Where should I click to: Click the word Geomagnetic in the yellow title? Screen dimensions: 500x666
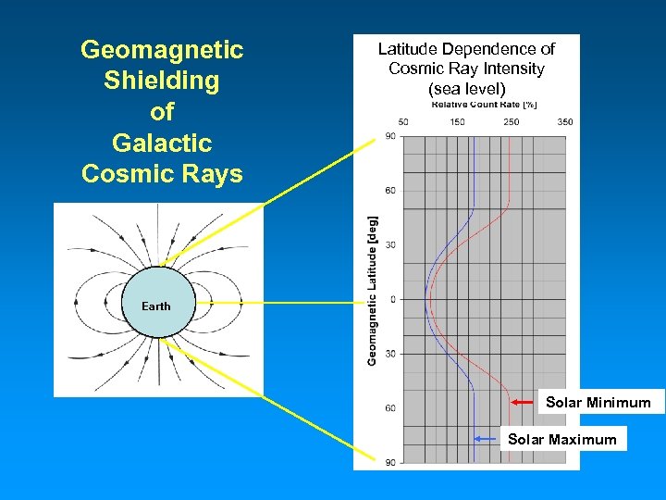(162, 50)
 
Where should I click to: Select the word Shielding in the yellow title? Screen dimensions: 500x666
(162, 81)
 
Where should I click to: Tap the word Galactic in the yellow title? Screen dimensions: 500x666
(162, 144)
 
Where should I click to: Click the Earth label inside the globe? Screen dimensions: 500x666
(155, 306)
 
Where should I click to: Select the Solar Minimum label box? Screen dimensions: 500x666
(598, 402)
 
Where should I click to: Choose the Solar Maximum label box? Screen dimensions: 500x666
(561, 439)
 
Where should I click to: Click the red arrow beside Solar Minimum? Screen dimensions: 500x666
(524, 402)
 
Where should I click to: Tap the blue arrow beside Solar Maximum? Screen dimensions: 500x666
(487, 439)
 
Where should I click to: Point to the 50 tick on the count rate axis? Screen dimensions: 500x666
(403, 122)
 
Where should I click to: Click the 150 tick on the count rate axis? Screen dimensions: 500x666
(457, 122)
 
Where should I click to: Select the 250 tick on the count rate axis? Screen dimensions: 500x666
(512, 122)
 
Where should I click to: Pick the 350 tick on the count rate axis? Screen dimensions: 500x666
(565, 122)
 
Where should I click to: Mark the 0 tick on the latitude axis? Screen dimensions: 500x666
(392, 299)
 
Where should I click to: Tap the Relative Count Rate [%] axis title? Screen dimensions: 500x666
(484, 105)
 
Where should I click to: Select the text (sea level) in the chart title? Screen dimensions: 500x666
(466, 89)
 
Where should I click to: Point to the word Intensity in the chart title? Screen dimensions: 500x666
(512, 69)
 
